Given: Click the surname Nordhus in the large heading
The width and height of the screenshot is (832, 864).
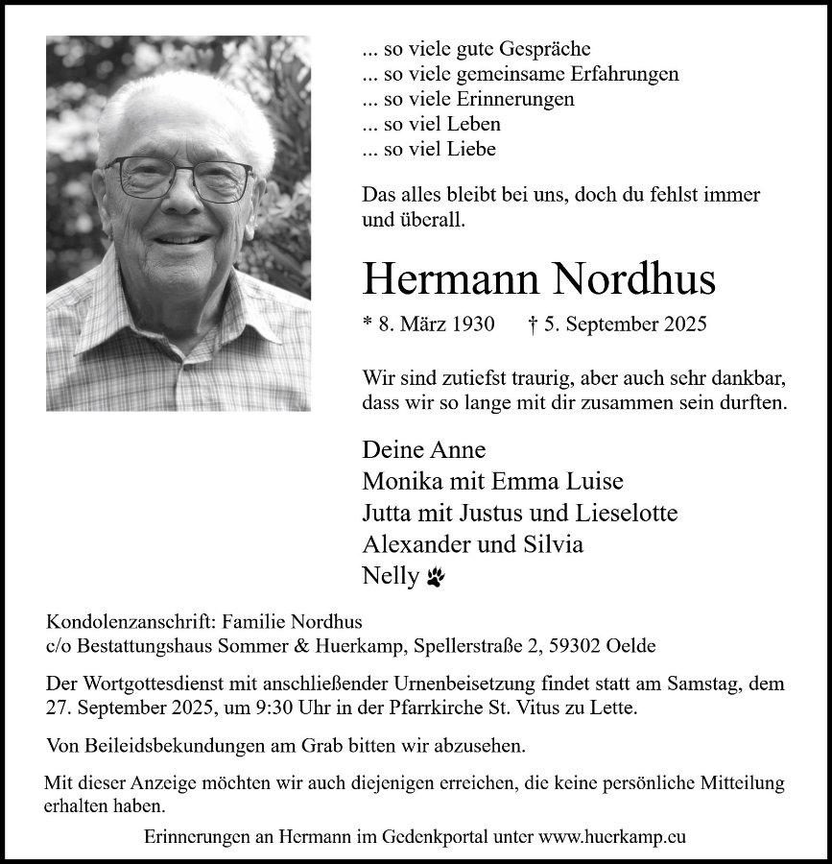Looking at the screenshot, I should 633,279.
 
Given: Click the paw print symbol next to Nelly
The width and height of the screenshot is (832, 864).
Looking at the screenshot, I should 437,576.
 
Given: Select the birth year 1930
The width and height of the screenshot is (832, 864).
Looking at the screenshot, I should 471,324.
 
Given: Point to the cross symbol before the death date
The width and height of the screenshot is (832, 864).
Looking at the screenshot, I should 533,324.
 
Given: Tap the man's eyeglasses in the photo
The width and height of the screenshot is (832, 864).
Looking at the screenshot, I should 179,177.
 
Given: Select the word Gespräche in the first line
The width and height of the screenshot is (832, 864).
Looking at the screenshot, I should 543,48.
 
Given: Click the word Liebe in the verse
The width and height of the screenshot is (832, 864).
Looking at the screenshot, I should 470,150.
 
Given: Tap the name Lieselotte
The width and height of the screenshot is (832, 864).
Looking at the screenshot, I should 628,513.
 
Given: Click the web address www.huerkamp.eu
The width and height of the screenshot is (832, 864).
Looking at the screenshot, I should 613,836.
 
